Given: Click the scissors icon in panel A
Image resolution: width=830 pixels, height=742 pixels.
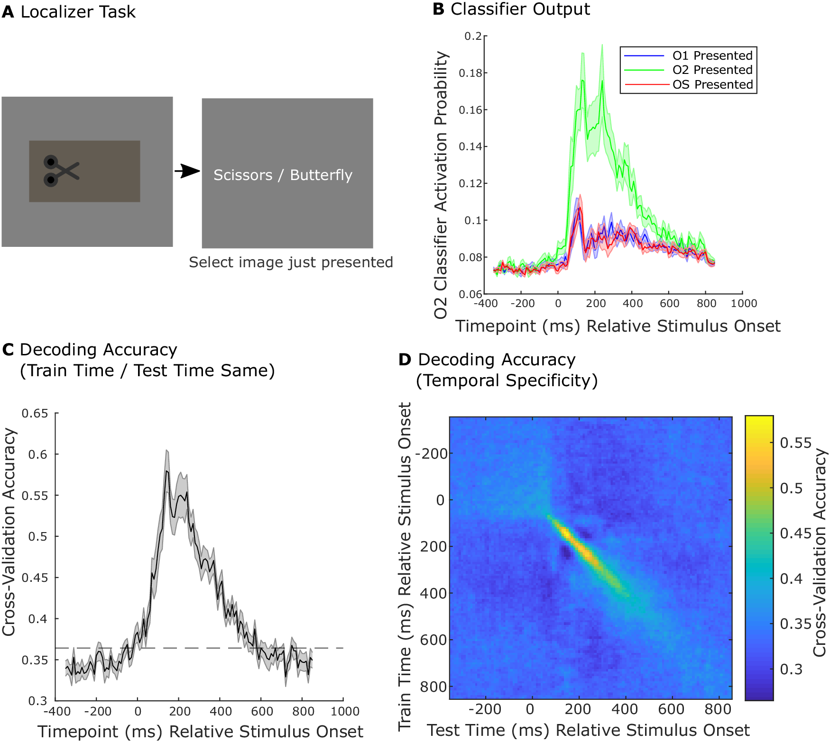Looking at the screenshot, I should tap(61, 171).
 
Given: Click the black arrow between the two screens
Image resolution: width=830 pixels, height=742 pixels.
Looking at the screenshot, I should tap(188, 171).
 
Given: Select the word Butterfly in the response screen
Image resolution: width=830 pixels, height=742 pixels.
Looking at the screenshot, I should tap(321, 175).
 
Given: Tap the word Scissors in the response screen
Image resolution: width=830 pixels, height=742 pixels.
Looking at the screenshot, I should tap(243, 175).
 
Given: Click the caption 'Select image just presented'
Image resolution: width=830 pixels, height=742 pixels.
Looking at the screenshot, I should tap(291, 262).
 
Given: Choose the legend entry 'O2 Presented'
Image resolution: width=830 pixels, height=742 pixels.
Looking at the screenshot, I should tap(712, 70).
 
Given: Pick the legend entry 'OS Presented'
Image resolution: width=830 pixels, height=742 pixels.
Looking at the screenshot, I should tap(712, 84).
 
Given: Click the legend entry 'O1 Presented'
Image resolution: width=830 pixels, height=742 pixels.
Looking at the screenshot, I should tap(712, 55).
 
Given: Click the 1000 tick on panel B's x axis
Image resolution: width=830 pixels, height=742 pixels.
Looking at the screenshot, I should tap(743, 303).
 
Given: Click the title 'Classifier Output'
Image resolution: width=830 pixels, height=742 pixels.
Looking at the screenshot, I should tap(520, 9).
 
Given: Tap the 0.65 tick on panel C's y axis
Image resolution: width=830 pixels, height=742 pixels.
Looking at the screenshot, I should tap(35, 414).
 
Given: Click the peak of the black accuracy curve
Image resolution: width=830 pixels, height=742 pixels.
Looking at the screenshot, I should tap(166, 471).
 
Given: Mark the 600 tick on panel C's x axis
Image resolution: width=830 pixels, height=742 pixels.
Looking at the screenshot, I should tap(262, 711).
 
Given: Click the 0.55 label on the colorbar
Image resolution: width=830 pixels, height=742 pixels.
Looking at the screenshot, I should tap(796, 443).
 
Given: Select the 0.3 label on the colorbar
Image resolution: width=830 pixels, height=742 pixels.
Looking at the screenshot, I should tap(791, 669).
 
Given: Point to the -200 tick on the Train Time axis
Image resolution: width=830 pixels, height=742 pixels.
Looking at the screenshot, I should tap(432, 454).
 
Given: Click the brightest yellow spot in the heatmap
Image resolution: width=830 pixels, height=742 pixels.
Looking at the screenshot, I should tap(567, 533).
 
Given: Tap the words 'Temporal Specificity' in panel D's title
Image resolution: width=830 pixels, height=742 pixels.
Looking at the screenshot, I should tap(507, 380).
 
